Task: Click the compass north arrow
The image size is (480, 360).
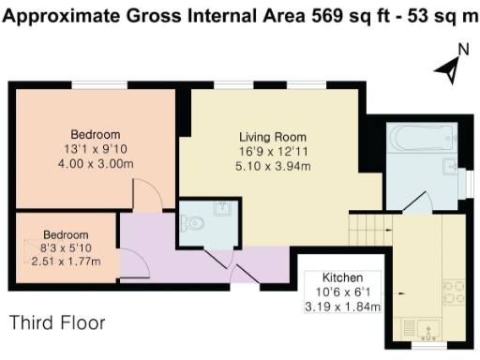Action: pyautogui.click(x=449, y=67)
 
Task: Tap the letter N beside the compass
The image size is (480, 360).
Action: pyautogui.click(x=462, y=51)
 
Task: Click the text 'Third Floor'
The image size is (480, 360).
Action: pyautogui.click(x=57, y=323)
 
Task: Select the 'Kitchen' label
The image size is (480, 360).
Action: pyautogui.click(x=341, y=279)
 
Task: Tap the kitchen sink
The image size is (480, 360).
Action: pyautogui.click(x=423, y=327)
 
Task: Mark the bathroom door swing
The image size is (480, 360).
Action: pyautogui.click(x=418, y=202)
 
